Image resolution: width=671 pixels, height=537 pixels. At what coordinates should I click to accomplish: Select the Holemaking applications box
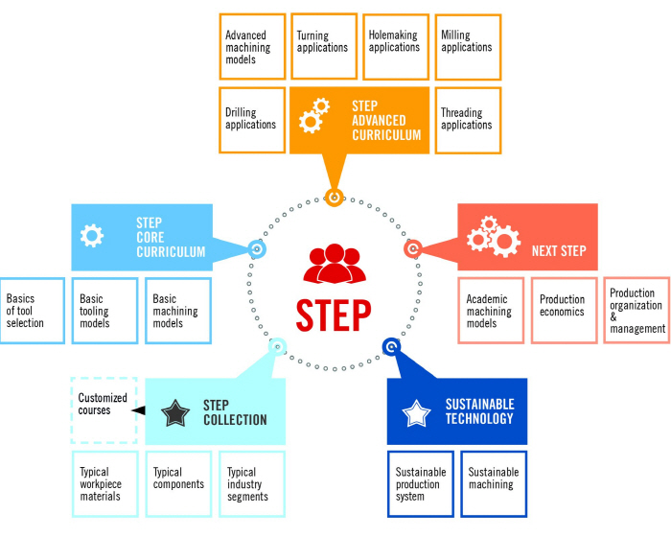coord(396,46)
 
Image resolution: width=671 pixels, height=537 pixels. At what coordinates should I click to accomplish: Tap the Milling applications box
coord(469,46)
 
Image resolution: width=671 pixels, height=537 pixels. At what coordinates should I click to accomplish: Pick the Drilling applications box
coord(252,120)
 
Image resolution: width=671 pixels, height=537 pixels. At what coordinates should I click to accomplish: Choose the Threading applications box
coord(469,120)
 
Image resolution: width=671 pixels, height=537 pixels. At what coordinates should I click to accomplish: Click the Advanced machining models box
coord(252,46)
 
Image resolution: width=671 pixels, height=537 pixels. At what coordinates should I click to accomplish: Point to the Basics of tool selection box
coord(32,311)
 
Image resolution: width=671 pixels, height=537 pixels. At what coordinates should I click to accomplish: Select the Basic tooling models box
coord(104,311)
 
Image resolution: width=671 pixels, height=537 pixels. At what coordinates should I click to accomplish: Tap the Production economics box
coord(564,311)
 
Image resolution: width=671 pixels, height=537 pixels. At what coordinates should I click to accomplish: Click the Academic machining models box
coord(491,311)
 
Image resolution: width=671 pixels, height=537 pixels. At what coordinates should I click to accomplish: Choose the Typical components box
coord(178,483)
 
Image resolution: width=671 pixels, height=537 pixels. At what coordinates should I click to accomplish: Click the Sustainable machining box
coord(494,483)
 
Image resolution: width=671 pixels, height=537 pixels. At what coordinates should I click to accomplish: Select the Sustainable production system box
coord(421,483)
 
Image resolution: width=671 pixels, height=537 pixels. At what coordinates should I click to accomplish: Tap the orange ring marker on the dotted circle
coord(334,198)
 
